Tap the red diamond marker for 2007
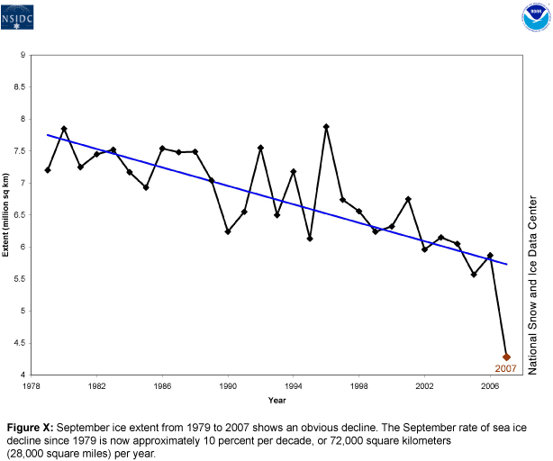point(506,357)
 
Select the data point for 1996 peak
point(326,127)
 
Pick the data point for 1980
point(64,129)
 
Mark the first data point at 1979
point(48,170)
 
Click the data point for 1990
point(228,231)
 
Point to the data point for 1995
point(310,239)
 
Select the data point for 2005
point(474,275)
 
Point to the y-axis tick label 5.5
point(19,279)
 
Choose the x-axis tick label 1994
point(294,385)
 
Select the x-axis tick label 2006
point(490,385)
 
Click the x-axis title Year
point(276,400)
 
